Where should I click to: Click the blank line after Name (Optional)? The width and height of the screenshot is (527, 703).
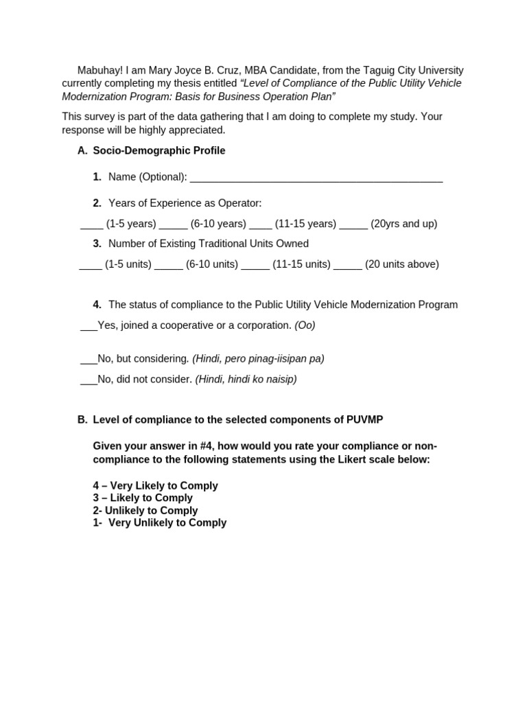coord(316,178)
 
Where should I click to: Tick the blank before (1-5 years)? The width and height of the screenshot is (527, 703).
coord(91,224)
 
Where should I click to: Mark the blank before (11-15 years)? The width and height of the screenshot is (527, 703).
coord(261,224)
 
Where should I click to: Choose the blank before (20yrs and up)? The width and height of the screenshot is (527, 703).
coord(353,224)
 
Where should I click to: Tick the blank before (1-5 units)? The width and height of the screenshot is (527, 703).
coord(91,265)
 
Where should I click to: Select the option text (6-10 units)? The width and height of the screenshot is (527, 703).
coord(212,264)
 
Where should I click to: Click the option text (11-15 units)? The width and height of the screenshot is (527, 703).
coord(301,264)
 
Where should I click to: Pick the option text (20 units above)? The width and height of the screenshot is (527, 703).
coord(401,264)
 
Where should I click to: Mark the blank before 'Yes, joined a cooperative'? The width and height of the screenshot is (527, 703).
coord(89,327)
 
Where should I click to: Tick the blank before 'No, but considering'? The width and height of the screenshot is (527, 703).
coord(89,360)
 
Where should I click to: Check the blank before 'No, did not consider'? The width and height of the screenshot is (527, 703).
coord(89,380)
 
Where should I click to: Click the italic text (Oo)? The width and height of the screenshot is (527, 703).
coord(305,325)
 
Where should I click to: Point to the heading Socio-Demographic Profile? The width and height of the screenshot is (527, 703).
coord(159,150)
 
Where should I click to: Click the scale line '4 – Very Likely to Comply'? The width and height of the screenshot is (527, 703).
coord(155,486)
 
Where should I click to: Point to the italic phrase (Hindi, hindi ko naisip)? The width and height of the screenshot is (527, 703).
coord(246,379)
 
